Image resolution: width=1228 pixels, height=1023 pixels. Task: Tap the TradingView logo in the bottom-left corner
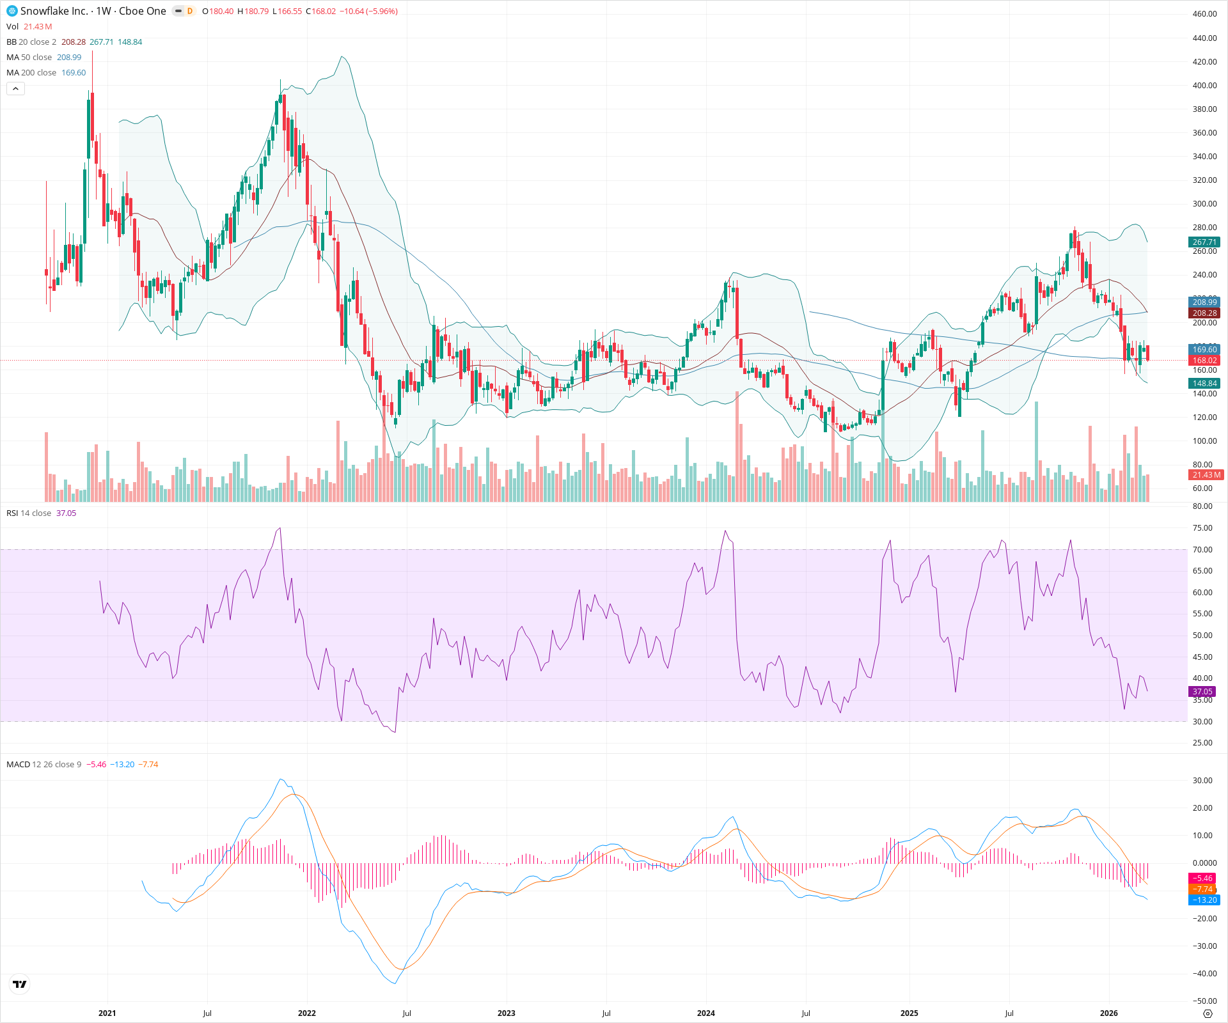pyautogui.click(x=20, y=984)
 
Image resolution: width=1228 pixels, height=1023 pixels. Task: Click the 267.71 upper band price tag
pyautogui.click(x=1204, y=242)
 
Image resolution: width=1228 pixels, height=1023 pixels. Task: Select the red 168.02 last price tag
pyautogui.click(x=1204, y=361)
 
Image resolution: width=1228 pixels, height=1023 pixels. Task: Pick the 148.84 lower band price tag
pyautogui.click(x=1204, y=384)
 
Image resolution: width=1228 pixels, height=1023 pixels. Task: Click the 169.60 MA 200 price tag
pyautogui.click(x=1204, y=350)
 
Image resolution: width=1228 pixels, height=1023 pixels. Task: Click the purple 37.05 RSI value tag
pyautogui.click(x=1202, y=692)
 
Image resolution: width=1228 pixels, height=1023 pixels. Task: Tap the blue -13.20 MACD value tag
pyautogui.click(x=1204, y=900)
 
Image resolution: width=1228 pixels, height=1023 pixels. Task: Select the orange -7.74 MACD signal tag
pyautogui.click(x=1202, y=889)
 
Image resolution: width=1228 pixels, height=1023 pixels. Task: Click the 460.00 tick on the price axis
pyautogui.click(x=1204, y=14)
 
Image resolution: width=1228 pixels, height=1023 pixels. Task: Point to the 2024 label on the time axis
pyautogui.click(x=705, y=1013)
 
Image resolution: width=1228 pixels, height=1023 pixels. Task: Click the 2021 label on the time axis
pyautogui.click(x=107, y=1013)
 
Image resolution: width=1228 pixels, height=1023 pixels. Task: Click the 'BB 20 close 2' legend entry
pyautogui.click(x=31, y=42)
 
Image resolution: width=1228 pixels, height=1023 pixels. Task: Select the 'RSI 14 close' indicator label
pyautogui.click(x=29, y=513)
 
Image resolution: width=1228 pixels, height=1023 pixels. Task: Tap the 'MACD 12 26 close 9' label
pyautogui.click(x=43, y=765)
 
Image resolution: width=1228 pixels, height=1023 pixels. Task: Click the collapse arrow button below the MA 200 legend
pyautogui.click(x=15, y=89)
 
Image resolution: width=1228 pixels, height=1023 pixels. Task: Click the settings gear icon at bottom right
pyautogui.click(x=1208, y=1014)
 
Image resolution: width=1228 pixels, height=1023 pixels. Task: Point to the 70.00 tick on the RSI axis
pyautogui.click(x=1202, y=550)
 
